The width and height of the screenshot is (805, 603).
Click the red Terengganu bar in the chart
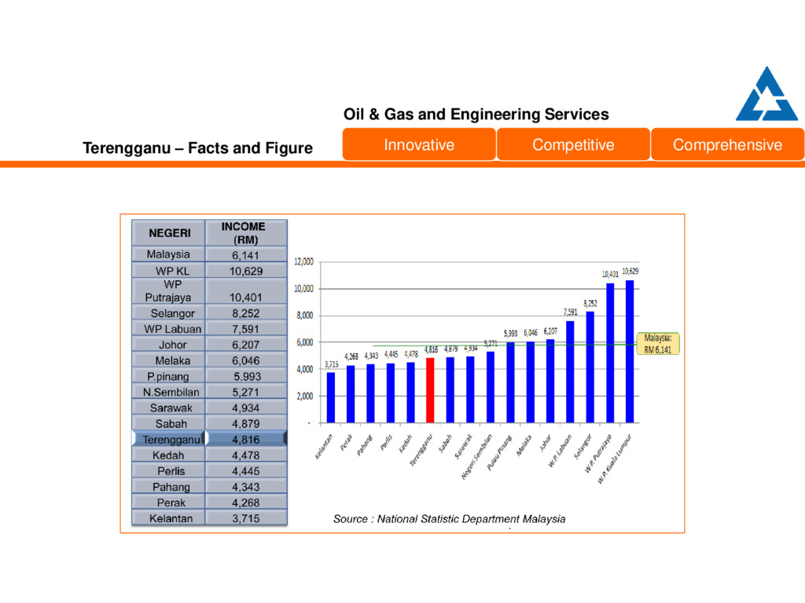(x=430, y=389)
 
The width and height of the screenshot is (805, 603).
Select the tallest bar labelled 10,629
(x=630, y=350)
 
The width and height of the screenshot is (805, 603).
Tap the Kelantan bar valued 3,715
(x=331, y=397)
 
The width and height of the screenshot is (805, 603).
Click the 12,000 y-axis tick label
(x=303, y=261)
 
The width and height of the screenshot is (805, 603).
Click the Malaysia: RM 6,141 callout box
(x=658, y=344)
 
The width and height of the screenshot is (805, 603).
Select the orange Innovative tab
(x=419, y=144)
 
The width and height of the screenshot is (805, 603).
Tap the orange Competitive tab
(x=573, y=144)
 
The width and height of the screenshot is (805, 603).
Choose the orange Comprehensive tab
(x=727, y=144)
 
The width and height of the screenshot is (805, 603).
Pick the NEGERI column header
(x=168, y=232)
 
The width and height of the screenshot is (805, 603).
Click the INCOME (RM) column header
(x=245, y=232)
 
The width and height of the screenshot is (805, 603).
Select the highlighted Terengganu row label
(x=168, y=440)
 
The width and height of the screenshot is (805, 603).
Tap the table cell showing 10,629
(x=246, y=271)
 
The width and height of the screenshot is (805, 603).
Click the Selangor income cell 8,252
(x=246, y=313)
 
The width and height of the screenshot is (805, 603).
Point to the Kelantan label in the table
(x=168, y=518)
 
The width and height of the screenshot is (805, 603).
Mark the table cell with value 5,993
(x=246, y=376)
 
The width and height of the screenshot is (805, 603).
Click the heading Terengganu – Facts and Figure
(x=198, y=148)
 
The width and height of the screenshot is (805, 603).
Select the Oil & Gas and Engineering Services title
(x=476, y=115)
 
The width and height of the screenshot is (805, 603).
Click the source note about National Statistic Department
(x=449, y=519)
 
